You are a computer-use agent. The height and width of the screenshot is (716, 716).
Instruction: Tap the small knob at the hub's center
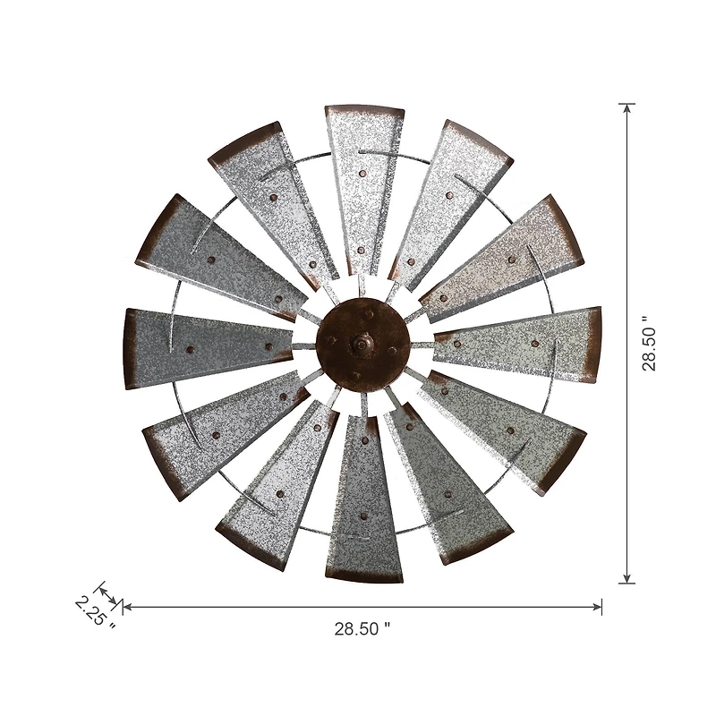pyautogui.click(x=362, y=343)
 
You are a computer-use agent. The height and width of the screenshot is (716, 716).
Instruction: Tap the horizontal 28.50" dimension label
pyautogui.click(x=362, y=628)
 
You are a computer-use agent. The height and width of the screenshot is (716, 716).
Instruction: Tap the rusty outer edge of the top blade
pyautogui.click(x=364, y=109)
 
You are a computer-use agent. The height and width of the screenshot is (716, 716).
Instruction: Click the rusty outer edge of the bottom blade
pyautogui.click(x=363, y=575)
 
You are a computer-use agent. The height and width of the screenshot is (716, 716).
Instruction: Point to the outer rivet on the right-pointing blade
pyautogui.click(x=534, y=343)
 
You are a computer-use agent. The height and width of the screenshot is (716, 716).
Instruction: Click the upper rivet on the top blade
pyautogui.click(x=362, y=173)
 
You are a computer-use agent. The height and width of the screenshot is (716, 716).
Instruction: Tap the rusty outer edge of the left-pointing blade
pyautogui.click(x=131, y=348)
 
